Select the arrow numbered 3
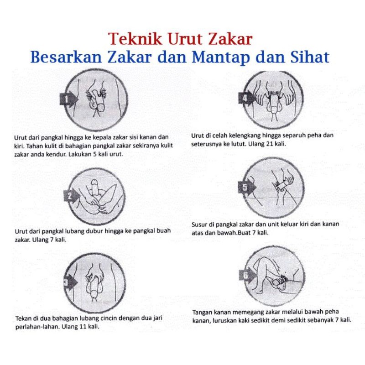click(67, 282)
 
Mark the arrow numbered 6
click(245, 274)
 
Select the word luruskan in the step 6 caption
click(227, 320)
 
